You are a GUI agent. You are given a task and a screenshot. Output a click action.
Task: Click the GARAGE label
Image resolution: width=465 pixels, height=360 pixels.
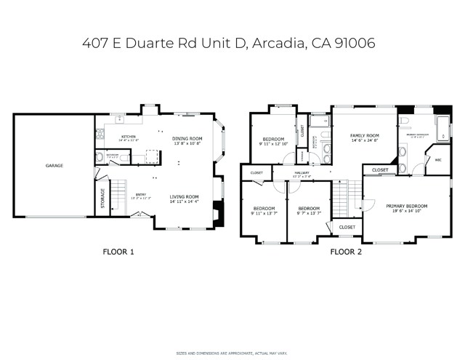click(54, 166)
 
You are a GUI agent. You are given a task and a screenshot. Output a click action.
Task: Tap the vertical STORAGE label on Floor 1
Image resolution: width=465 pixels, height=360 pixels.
click(102, 199)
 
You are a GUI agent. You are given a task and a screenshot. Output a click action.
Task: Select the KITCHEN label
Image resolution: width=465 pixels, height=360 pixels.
click(129, 137)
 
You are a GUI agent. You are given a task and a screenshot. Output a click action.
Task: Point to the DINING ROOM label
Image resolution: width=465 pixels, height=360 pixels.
click(187, 138)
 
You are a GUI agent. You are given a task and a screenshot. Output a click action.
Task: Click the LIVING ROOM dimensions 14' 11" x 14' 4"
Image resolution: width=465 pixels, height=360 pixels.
click(185, 202)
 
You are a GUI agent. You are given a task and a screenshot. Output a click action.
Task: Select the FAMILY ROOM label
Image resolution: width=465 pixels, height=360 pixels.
click(364, 135)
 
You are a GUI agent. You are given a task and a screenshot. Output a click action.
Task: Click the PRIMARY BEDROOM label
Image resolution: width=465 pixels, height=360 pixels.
click(406, 206)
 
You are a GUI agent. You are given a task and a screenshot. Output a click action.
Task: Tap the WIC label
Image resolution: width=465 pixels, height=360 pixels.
click(437, 161)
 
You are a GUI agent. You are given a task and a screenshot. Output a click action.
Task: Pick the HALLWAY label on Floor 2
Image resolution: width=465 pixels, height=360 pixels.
click(301, 173)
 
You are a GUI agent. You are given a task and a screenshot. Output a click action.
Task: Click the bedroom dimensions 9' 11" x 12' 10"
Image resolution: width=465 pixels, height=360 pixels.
click(273, 144)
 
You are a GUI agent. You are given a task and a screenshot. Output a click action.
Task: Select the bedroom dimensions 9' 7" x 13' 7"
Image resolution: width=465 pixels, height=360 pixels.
click(308, 213)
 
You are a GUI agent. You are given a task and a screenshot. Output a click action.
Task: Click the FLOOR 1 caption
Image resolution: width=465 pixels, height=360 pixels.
click(118, 252)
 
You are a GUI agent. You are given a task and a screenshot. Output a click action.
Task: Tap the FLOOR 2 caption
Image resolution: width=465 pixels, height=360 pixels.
click(346, 252)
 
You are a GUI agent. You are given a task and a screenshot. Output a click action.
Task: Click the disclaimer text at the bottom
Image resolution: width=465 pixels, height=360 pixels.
click(232, 352)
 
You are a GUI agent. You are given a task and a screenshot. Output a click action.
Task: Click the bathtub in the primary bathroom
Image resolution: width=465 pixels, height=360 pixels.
click(442, 128)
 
